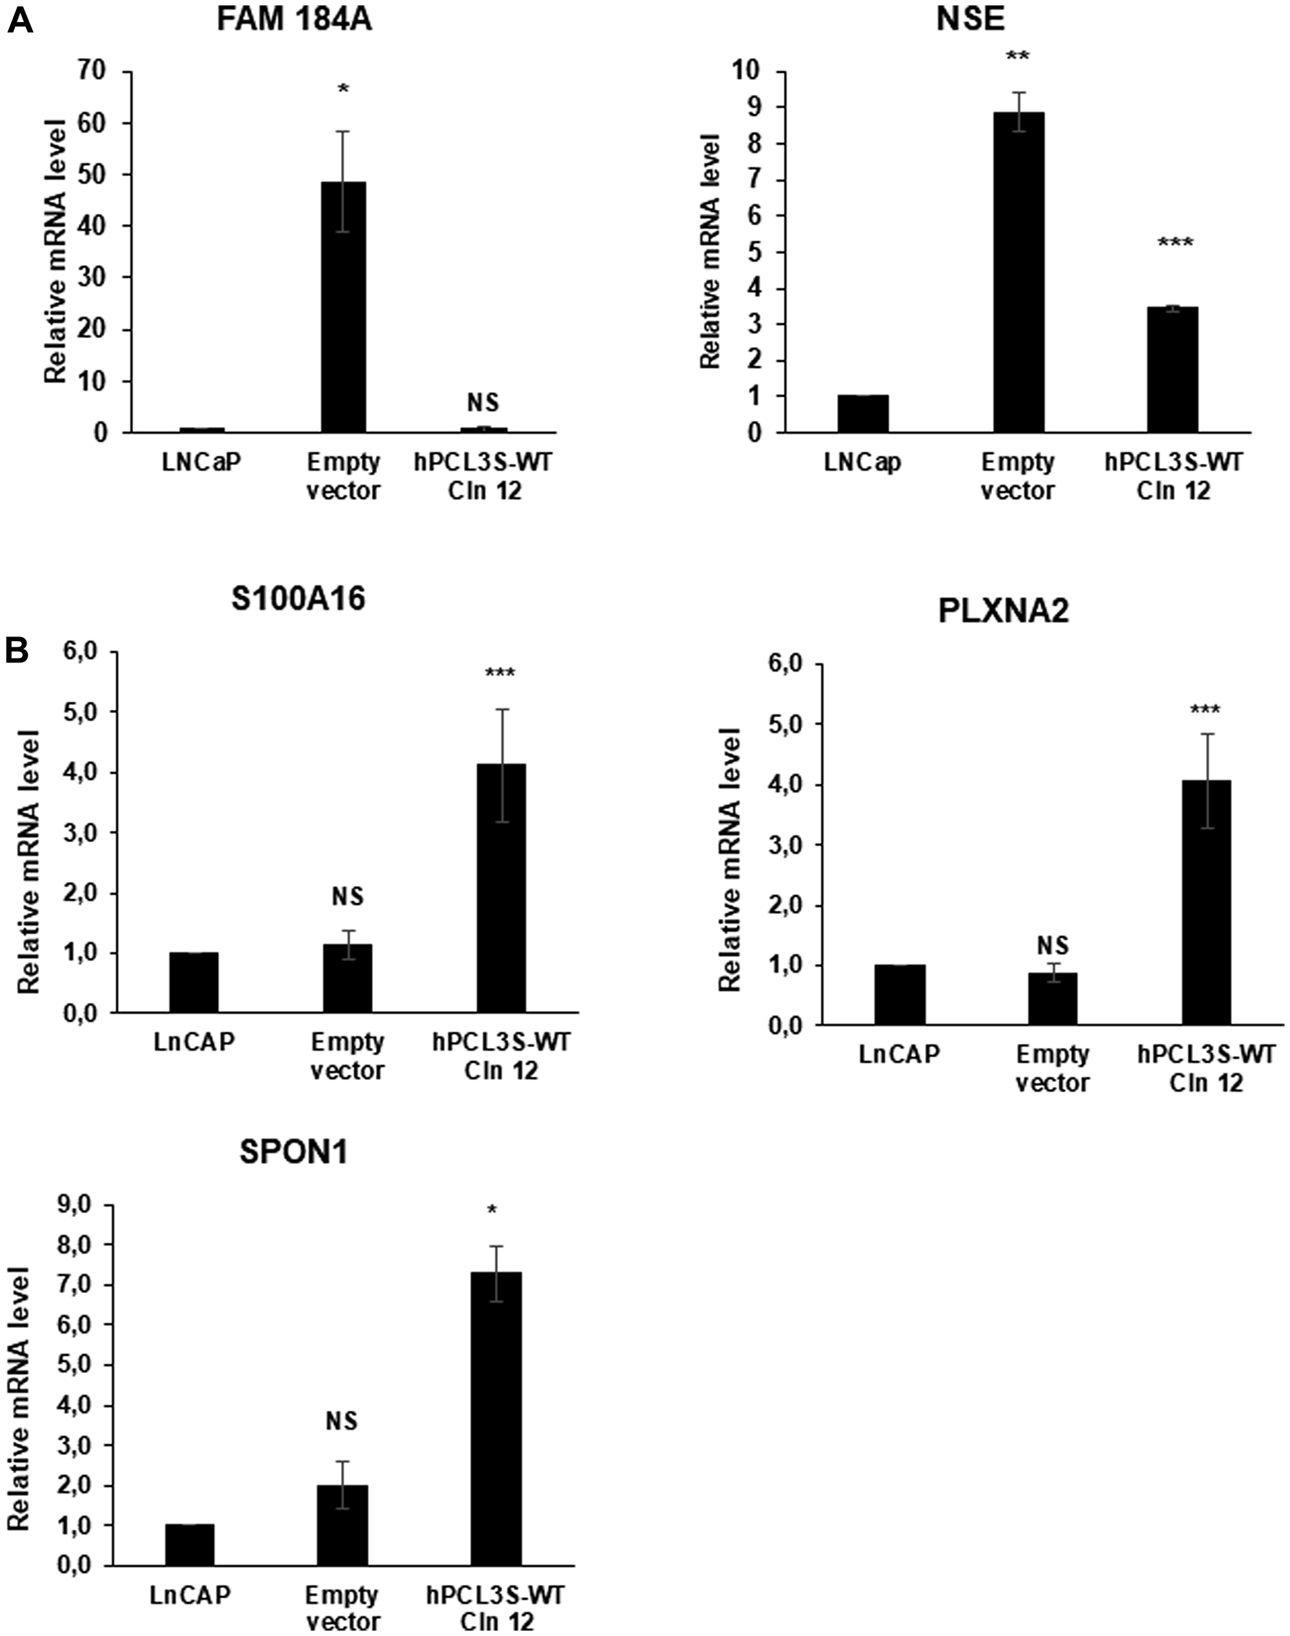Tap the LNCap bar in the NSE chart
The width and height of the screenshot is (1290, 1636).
click(863, 414)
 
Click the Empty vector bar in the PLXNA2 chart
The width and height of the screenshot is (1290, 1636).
click(1052, 998)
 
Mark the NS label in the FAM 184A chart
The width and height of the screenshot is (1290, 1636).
click(483, 403)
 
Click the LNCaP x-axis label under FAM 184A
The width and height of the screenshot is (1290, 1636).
click(201, 462)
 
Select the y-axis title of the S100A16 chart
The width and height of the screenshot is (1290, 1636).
click(28, 862)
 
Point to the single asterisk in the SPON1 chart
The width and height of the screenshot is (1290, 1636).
click(492, 1211)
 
